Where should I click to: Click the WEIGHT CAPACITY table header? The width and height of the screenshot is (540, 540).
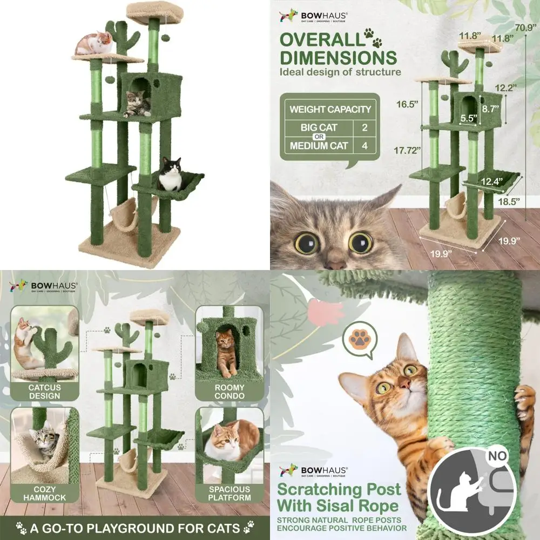pos(330,110)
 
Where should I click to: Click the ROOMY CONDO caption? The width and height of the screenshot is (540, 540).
pos(230,391)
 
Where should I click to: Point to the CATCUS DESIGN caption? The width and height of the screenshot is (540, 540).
pos(45,391)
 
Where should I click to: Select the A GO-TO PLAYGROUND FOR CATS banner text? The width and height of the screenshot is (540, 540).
pos(134,527)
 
